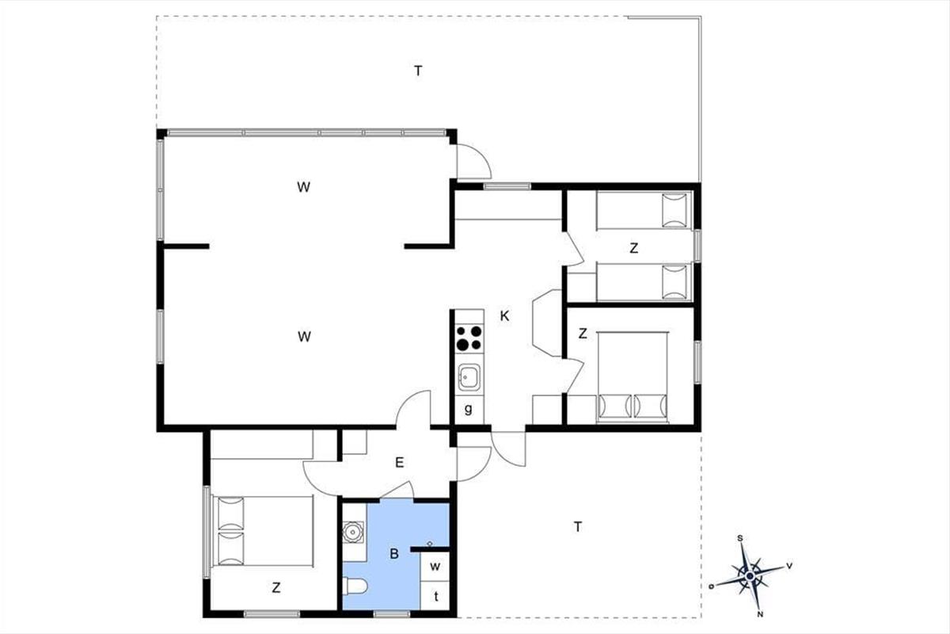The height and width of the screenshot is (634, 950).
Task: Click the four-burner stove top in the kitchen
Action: (469, 338)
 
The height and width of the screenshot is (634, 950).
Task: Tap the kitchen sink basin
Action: (469, 377)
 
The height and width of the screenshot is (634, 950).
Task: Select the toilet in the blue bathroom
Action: (355, 587)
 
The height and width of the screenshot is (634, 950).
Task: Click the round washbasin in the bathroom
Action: (353, 533)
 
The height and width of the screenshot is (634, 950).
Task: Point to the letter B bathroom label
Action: (394, 554)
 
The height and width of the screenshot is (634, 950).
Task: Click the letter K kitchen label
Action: (504, 316)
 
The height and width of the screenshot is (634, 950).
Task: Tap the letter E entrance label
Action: (400, 463)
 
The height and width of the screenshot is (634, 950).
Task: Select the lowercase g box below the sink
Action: (469, 410)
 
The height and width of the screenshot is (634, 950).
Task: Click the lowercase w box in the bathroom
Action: (435, 567)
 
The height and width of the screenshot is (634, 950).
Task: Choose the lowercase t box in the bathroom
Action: (435, 596)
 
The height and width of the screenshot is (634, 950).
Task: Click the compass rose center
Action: (750, 576)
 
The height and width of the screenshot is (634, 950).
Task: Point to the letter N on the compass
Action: (761, 614)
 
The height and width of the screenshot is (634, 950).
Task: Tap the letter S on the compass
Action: (740, 538)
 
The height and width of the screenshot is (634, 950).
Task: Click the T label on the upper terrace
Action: (418, 71)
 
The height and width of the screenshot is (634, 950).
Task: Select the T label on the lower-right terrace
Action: (578, 527)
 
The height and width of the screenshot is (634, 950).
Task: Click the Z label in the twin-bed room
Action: (633, 248)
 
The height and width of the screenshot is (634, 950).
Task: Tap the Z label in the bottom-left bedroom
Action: (276, 588)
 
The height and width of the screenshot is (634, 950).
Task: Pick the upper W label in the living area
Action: (304, 187)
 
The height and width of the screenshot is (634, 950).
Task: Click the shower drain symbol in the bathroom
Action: (430, 544)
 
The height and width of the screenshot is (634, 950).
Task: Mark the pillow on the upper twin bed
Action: (674, 211)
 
